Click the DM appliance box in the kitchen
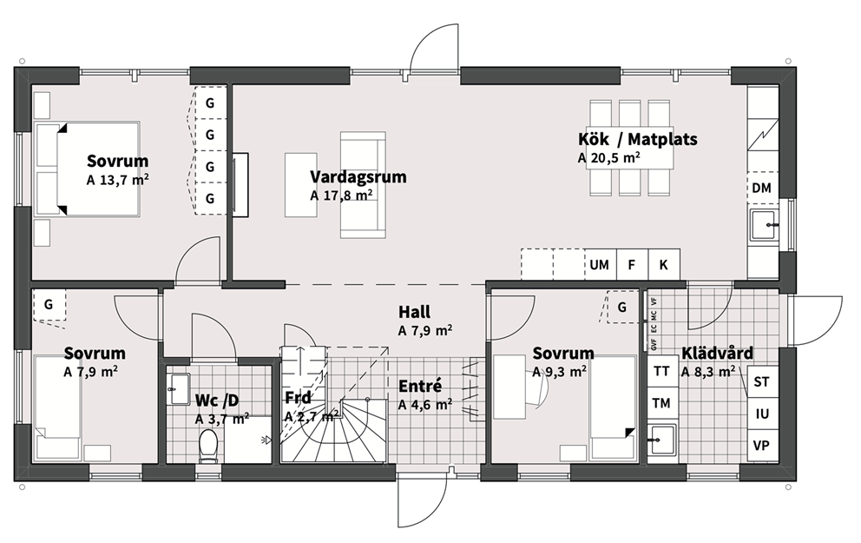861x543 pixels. (x=763, y=188)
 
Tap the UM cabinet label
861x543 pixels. (x=600, y=265)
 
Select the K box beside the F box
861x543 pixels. (x=664, y=265)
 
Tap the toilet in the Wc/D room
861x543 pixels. (x=208, y=446)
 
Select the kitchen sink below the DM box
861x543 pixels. (x=764, y=225)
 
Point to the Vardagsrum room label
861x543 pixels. (x=358, y=177)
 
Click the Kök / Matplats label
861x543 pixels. (x=638, y=139)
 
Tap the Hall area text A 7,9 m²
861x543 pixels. (x=425, y=331)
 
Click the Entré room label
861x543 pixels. (x=420, y=387)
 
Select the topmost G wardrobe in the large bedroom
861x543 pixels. (x=210, y=103)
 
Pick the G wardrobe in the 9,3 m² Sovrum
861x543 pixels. (x=622, y=307)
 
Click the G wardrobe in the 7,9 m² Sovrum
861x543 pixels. (x=49, y=304)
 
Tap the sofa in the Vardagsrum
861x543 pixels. (x=363, y=185)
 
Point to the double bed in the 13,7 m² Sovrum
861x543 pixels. (x=88, y=169)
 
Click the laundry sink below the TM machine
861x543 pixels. (x=663, y=440)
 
